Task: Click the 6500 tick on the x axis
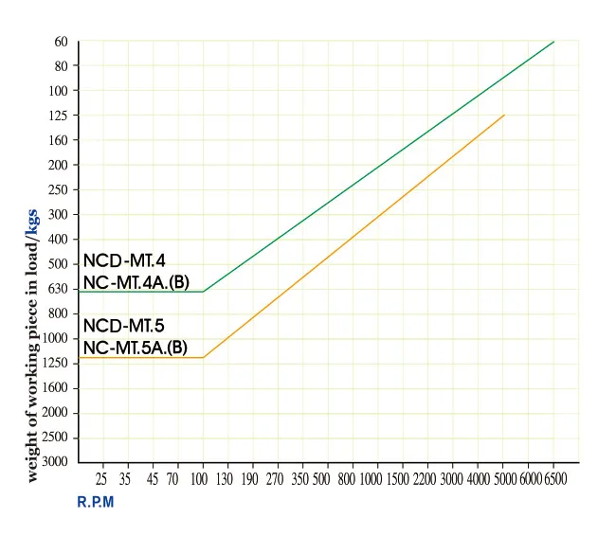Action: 554,480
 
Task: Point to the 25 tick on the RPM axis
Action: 102,480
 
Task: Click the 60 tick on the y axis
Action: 62,42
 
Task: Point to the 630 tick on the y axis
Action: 60,289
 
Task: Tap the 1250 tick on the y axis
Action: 58,363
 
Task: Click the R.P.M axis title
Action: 95,502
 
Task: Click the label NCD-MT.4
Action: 124,260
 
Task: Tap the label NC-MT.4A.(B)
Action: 136,281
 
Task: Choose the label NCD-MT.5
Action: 124,327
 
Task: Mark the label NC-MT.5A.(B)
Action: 136,348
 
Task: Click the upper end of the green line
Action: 553,42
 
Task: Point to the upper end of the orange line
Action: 504,115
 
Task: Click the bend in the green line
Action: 203,292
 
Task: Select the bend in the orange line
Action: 203,358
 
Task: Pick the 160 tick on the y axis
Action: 60,140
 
